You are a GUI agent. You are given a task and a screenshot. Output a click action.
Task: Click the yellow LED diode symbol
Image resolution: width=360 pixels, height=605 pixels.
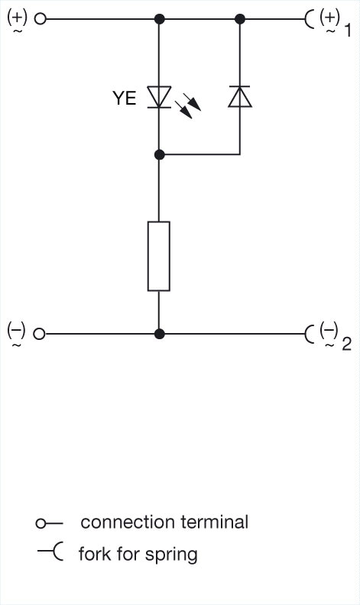(x=159, y=97)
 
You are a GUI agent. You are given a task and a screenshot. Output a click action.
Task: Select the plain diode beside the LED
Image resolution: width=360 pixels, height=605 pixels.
(x=239, y=96)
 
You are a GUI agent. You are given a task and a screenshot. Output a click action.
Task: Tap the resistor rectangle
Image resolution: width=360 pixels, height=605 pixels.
(x=159, y=256)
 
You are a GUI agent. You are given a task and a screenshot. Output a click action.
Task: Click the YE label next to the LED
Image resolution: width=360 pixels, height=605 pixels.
(x=125, y=98)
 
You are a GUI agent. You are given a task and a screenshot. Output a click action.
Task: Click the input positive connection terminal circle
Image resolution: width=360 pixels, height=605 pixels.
(x=41, y=18)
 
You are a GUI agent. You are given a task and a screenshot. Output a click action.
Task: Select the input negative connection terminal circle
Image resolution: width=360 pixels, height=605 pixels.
(x=39, y=334)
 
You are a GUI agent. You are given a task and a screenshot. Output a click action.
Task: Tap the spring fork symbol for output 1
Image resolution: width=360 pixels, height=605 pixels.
(x=310, y=18)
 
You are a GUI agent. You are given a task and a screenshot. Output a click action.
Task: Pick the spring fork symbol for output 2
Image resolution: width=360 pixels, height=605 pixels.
(x=310, y=334)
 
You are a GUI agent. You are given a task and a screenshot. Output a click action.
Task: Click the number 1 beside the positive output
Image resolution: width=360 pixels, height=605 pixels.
(x=348, y=30)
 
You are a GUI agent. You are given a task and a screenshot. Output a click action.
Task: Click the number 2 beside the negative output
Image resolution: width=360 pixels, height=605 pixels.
(x=347, y=345)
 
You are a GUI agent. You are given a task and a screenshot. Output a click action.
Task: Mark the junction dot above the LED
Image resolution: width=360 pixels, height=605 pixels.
(x=159, y=18)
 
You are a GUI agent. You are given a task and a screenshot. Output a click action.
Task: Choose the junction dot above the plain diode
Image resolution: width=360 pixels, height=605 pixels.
(x=240, y=18)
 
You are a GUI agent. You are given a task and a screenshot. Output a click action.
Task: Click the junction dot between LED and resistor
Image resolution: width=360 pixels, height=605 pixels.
(x=159, y=155)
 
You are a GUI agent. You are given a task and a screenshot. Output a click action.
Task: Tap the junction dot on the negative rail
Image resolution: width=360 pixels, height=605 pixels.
(x=159, y=334)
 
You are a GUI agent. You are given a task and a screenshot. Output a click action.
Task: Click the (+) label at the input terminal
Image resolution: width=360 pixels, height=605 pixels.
(x=18, y=18)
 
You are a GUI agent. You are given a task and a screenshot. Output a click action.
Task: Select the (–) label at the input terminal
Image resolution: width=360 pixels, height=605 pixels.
(x=17, y=332)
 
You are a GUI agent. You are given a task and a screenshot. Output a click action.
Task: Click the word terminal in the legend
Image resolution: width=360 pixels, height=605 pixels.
(x=214, y=522)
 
